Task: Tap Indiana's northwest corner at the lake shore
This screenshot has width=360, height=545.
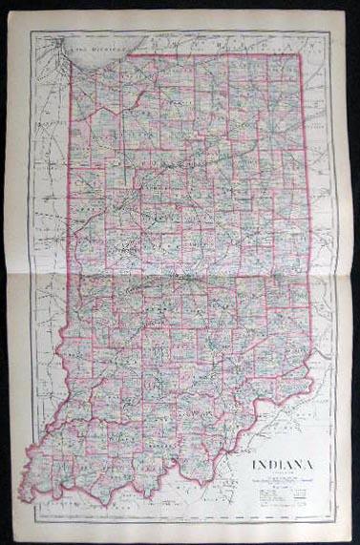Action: point(74,69)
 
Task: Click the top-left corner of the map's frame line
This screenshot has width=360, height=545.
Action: point(30,31)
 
